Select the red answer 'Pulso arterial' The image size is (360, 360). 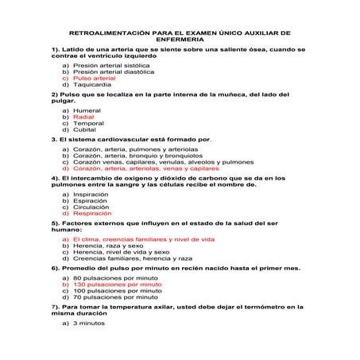click(x=93, y=78)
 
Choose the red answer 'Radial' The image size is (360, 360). click(x=83, y=117)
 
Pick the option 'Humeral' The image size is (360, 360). click(x=86, y=110)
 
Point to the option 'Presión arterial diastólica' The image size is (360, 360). click(x=114, y=72)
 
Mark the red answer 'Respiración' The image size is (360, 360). click(x=91, y=214)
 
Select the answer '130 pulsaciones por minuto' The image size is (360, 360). click(x=116, y=285)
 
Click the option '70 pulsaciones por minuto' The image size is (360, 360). click(x=114, y=298)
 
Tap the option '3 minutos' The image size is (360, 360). click(x=88, y=323)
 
